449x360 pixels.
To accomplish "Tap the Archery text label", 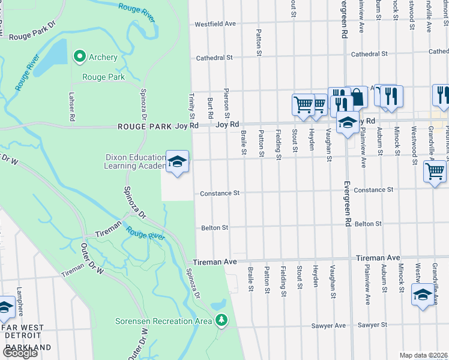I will [x=103, y=58].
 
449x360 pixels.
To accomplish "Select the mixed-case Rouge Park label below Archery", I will [x=103, y=77].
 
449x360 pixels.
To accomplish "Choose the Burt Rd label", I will [x=210, y=107].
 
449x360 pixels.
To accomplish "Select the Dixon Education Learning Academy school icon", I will [x=177, y=161].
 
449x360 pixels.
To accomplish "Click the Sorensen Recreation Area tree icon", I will [x=222, y=320].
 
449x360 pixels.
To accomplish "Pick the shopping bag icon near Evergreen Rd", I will [x=357, y=97].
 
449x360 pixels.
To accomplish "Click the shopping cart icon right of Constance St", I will [x=435, y=171].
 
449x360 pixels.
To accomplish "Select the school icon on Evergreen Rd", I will [x=348, y=124].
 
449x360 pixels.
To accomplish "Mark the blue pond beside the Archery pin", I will [x=51, y=57].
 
